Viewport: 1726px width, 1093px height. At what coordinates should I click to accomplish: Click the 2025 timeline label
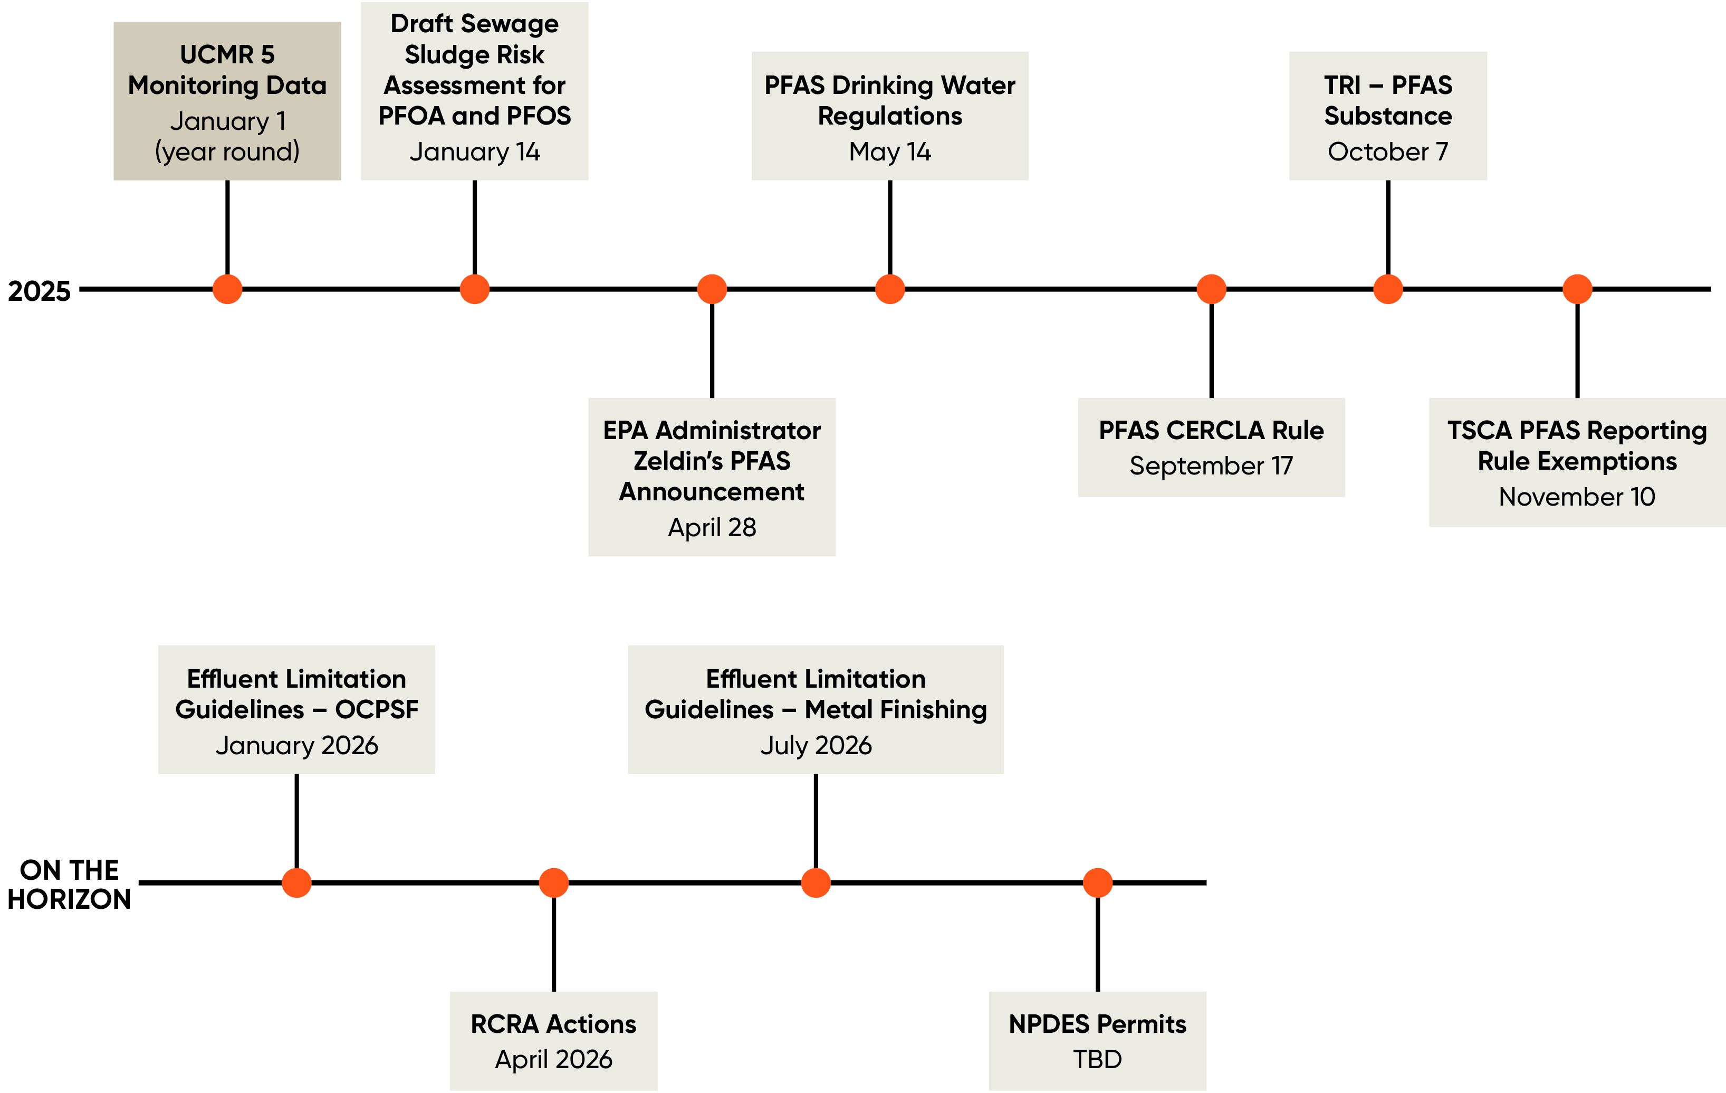coord(40,291)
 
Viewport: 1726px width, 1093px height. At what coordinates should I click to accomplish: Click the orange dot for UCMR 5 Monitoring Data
coord(227,289)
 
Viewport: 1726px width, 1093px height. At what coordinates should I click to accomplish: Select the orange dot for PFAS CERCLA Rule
coord(1211,289)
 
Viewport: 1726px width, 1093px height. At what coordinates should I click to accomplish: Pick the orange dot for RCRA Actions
coord(553,883)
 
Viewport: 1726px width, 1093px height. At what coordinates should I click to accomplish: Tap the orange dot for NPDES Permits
coord(1097,883)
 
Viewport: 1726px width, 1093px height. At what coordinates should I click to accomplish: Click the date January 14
coord(475,152)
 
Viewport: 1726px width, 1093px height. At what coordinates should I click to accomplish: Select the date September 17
coord(1211,466)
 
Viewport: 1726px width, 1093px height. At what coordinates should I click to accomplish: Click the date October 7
coord(1388,152)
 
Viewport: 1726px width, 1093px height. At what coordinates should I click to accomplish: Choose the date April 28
coord(712,528)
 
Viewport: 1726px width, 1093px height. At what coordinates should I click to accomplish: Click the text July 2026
coord(816,746)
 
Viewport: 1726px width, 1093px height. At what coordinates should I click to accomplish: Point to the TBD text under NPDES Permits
coord(1097,1060)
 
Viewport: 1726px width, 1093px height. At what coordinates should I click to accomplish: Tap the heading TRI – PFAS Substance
coord(1388,100)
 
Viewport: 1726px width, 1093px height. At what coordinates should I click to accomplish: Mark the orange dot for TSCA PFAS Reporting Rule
coord(1577,289)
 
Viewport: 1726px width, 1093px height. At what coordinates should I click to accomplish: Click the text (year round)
coord(227,152)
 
